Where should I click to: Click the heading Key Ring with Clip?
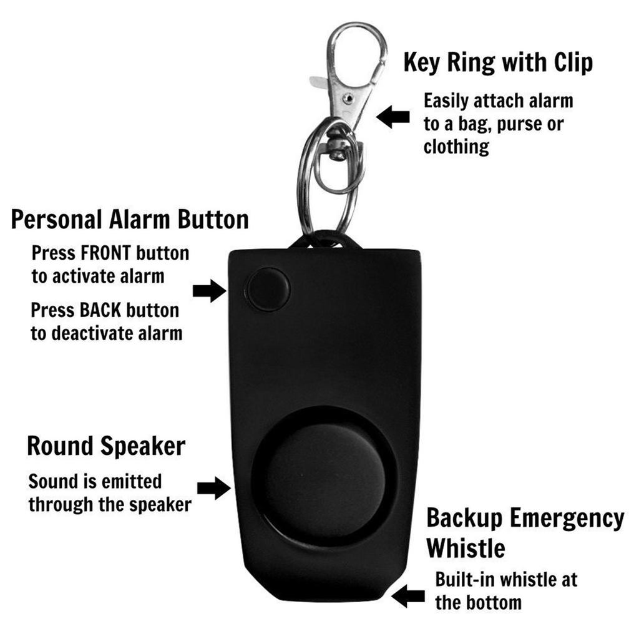(x=497, y=62)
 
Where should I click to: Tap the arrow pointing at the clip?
(x=394, y=117)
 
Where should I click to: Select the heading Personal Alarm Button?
(x=130, y=220)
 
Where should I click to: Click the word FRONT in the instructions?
(x=107, y=253)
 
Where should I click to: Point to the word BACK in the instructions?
(x=104, y=310)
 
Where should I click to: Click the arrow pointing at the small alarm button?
(x=209, y=290)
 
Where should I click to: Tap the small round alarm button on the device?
(x=268, y=290)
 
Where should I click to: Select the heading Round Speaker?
(x=106, y=446)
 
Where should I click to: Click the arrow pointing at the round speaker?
(x=213, y=487)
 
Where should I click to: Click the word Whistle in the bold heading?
(x=466, y=549)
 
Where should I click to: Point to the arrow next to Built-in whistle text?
(x=408, y=596)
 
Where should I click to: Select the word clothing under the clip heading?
(x=456, y=147)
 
